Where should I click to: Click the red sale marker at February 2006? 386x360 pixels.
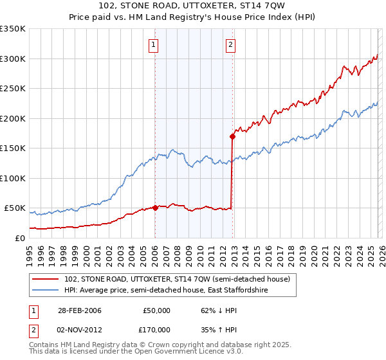[x=156, y=208]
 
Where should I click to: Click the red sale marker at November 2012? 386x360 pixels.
[x=232, y=136]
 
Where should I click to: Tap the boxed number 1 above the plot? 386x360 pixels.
[x=154, y=45]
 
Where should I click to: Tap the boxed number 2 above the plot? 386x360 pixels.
[x=230, y=45]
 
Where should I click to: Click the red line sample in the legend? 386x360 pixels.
[x=46, y=279]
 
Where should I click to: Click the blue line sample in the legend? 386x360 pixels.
[x=46, y=291]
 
